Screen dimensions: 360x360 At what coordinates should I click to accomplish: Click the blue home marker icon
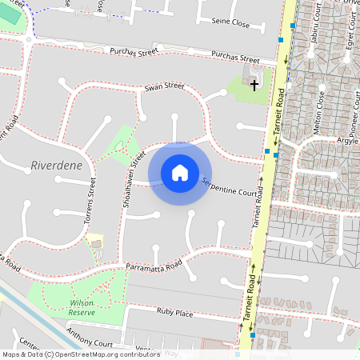click(x=180, y=173)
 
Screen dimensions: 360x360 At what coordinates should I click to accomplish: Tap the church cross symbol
click(x=254, y=83)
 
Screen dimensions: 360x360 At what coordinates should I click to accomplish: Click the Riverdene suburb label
click(x=56, y=166)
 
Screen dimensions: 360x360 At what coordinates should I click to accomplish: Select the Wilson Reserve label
click(x=82, y=307)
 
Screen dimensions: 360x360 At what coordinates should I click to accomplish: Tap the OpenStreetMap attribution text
click(x=82, y=354)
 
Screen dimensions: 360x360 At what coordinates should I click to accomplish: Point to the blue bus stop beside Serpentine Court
click(x=267, y=151)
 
